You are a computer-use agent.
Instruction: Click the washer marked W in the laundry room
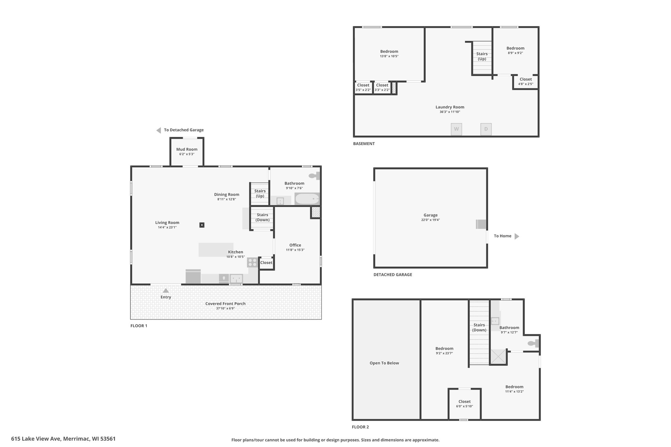click(x=456, y=129)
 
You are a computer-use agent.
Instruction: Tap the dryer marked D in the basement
click(x=486, y=129)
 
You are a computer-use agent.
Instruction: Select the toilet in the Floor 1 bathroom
click(x=314, y=176)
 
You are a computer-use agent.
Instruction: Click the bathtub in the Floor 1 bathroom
click(x=307, y=199)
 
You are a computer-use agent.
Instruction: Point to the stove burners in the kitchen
click(x=252, y=262)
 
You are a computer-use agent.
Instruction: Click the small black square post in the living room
click(x=202, y=225)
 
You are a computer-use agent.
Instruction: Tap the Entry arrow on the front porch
click(x=166, y=290)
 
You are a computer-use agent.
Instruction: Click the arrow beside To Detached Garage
click(x=159, y=130)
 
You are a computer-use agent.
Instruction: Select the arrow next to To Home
click(x=517, y=236)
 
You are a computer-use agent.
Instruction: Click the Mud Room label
click(x=187, y=149)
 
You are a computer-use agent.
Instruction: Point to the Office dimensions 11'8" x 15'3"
click(x=295, y=250)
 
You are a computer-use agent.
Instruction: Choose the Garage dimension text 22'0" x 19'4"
click(x=431, y=220)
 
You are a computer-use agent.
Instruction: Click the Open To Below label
click(x=384, y=363)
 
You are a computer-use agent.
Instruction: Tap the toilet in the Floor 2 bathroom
click(x=533, y=343)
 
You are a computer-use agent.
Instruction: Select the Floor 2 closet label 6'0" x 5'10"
click(x=465, y=406)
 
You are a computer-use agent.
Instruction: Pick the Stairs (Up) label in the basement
click(x=482, y=56)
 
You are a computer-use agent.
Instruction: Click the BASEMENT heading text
click(x=364, y=143)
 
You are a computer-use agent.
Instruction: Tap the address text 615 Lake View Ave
click(x=36, y=438)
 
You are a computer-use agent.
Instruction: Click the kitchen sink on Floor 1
click(x=236, y=279)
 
